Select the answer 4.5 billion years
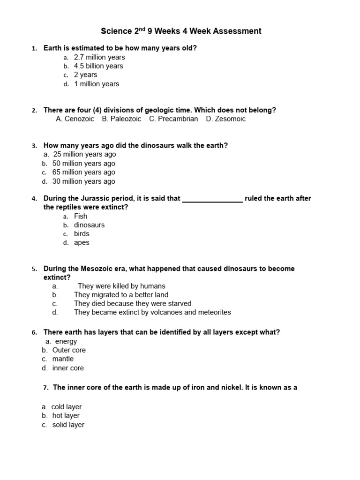98,66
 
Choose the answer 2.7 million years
99,57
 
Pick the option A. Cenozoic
75,119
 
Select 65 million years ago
83,172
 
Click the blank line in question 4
212,199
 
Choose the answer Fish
81,216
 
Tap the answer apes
82,243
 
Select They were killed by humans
121,286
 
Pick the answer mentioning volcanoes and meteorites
152,313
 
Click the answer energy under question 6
66,342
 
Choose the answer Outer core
69,350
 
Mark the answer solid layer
68,425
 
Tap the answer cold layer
67,407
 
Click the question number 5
34,269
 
